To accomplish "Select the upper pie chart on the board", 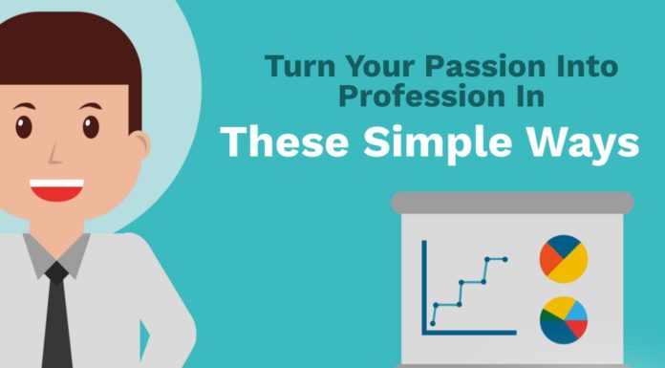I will click(563, 259).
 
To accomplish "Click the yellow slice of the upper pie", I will click(571, 269).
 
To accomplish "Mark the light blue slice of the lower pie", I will click(578, 313).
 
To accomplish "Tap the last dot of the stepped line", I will click(505, 259).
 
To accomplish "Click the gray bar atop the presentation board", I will click(512, 202).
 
